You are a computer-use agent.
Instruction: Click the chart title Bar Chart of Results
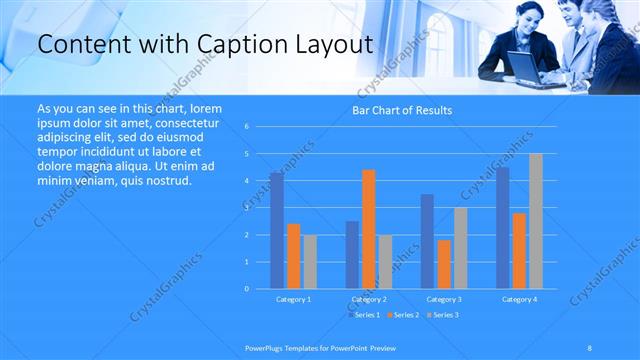pyautogui.click(x=401, y=110)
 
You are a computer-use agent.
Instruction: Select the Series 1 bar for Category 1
pyautogui.click(x=276, y=230)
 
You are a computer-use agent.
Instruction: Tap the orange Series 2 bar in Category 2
pyautogui.click(x=368, y=229)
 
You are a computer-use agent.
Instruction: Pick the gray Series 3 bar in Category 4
pyautogui.click(x=535, y=221)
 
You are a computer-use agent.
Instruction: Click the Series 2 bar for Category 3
pyautogui.click(x=443, y=264)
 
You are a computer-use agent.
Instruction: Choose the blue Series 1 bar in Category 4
pyautogui.click(x=502, y=228)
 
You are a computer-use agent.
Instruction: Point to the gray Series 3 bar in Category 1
pyautogui.click(x=309, y=262)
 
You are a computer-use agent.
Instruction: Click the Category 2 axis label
pyautogui.click(x=368, y=299)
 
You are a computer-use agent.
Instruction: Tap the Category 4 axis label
pyautogui.click(x=518, y=299)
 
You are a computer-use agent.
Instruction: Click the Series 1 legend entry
pyautogui.click(x=363, y=315)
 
